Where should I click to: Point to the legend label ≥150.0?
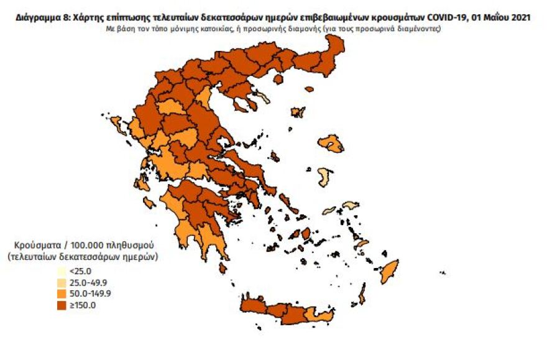point(80,305)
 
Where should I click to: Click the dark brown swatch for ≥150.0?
point(60,305)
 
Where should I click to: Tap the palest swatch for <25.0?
point(60,272)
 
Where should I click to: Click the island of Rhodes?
point(390,272)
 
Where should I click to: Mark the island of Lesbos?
point(330,144)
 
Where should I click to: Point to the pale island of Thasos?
point(262,98)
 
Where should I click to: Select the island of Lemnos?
point(298,113)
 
